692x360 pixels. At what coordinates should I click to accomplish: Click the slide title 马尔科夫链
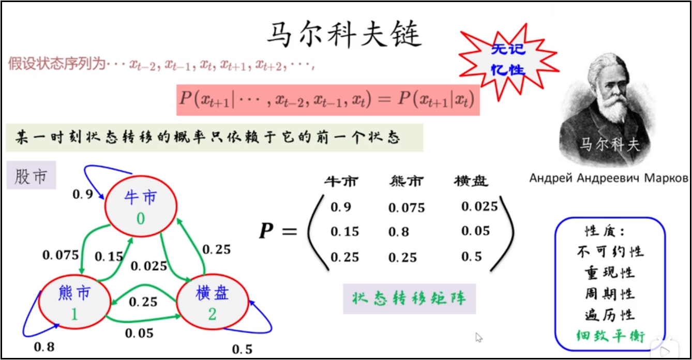(x=344, y=34)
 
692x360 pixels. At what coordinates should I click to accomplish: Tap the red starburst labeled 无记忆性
(x=508, y=60)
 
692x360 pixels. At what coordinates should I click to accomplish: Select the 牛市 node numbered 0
(x=141, y=206)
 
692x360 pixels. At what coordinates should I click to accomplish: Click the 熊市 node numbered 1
(x=74, y=302)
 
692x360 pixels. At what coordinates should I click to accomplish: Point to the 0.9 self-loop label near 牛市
(x=83, y=194)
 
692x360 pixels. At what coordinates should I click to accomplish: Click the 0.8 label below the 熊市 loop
(x=44, y=347)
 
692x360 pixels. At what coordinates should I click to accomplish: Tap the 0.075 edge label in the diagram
(x=61, y=255)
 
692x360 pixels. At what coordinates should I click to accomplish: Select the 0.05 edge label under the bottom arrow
(x=139, y=334)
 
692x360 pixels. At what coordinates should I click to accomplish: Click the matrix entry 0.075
(x=407, y=207)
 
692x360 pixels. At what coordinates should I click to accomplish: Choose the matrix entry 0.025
(x=479, y=206)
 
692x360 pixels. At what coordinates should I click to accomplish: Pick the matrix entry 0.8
(x=399, y=232)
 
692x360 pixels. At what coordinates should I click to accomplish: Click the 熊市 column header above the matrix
(x=406, y=181)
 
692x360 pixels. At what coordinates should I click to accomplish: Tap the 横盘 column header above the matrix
(x=471, y=181)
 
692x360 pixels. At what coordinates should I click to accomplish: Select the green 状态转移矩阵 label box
(x=409, y=299)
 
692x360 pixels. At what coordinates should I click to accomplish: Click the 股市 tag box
(x=31, y=175)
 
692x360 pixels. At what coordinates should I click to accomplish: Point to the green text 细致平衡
(x=610, y=336)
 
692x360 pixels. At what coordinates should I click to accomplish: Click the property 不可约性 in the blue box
(x=610, y=252)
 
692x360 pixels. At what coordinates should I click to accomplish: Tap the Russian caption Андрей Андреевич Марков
(x=609, y=178)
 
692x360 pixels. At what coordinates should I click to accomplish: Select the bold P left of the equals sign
(x=266, y=231)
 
